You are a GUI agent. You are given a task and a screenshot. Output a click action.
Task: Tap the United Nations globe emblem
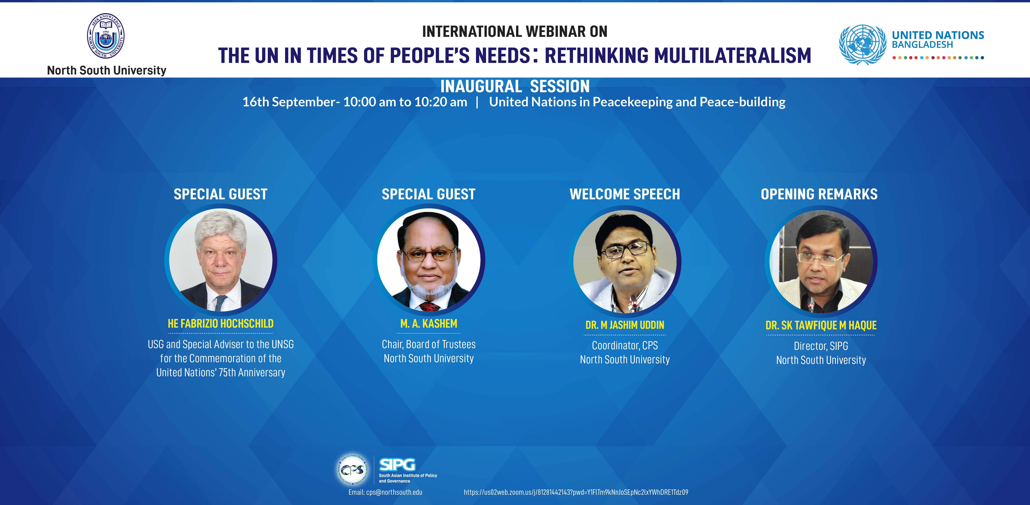pos(863,45)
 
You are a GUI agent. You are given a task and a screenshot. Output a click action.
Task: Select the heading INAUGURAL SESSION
pos(515,86)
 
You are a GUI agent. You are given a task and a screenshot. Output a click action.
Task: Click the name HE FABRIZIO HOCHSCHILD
pos(221,324)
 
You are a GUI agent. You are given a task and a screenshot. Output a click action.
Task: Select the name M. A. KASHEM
pos(429,324)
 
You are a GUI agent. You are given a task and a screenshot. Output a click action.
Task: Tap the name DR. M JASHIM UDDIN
pos(625,325)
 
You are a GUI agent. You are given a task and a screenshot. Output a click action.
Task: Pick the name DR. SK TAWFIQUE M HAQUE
pos(821,326)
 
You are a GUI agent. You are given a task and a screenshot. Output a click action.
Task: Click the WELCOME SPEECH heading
pos(625,194)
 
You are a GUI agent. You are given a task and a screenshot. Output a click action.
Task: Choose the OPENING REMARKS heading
pos(819,194)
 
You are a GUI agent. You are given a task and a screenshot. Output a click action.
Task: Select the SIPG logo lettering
pos(397,465)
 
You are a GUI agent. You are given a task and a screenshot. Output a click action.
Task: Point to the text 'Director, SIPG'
pos(821,346)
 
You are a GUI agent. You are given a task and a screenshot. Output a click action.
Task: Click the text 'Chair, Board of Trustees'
pos(429,344)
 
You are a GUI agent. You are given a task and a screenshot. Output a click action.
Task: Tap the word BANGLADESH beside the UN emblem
pos(922,45)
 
